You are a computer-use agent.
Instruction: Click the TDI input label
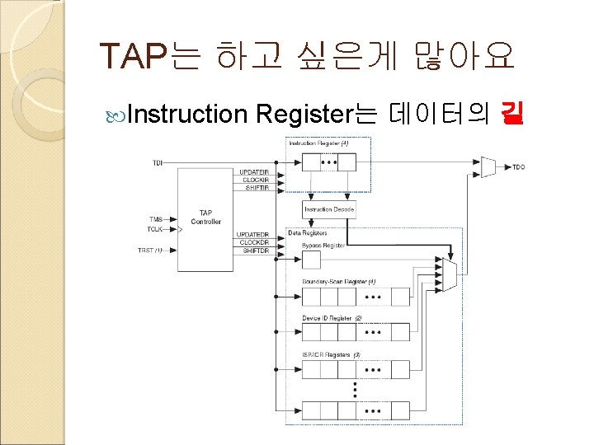coord(157,162)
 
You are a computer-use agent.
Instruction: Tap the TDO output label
coord(518,167)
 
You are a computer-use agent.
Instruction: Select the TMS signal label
coord(155,219)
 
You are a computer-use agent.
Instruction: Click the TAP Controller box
coord(205,217)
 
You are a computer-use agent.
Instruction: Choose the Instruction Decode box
coord(329,209)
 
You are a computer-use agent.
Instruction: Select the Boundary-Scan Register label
coord(338,281)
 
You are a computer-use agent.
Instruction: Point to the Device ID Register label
coord(332,318)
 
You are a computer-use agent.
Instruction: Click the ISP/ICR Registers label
coord(331,355)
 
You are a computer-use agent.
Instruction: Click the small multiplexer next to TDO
coord(488,167)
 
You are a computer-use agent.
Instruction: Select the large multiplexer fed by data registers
coord(448,274)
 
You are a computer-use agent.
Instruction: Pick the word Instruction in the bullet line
coord(188,115)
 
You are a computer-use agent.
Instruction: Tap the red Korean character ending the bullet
coord(511,115)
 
